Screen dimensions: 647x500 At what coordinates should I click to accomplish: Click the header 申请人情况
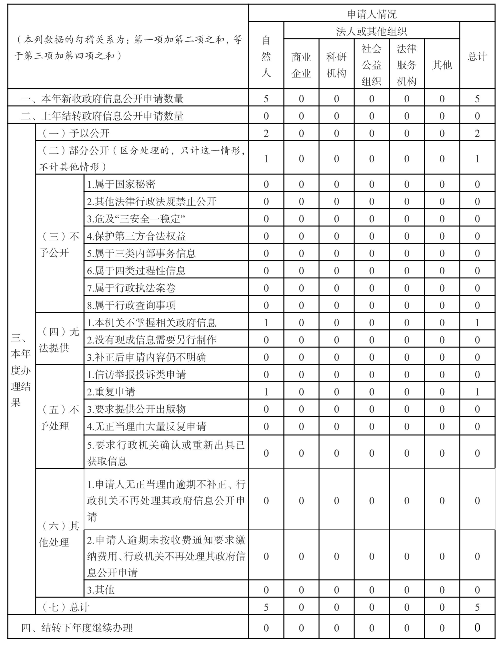tap(372, 14)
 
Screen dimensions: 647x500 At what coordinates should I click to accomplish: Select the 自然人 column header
tap(266, 56)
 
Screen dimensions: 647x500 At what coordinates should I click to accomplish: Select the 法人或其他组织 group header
tap(372, 31)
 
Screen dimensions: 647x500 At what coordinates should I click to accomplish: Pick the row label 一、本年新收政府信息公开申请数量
tap(102, 99)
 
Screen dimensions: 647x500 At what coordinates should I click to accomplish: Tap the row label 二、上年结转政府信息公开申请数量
tap(102, 116)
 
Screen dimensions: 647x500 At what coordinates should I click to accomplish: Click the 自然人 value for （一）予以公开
tap(266, 133)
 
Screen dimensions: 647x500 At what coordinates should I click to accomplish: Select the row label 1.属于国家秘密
tap(121, 184)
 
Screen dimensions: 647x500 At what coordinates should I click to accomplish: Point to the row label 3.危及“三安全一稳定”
tap(136, 219)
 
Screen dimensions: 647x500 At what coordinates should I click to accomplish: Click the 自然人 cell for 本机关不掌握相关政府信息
tap(266, 323)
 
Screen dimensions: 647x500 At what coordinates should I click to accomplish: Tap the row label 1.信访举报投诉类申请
tap(136, 375)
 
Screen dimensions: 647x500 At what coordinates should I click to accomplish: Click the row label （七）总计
tap(65, 607)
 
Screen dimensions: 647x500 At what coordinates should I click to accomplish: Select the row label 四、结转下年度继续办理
tap(77, 628)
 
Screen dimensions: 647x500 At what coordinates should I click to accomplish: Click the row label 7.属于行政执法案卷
tap(131, 288)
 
